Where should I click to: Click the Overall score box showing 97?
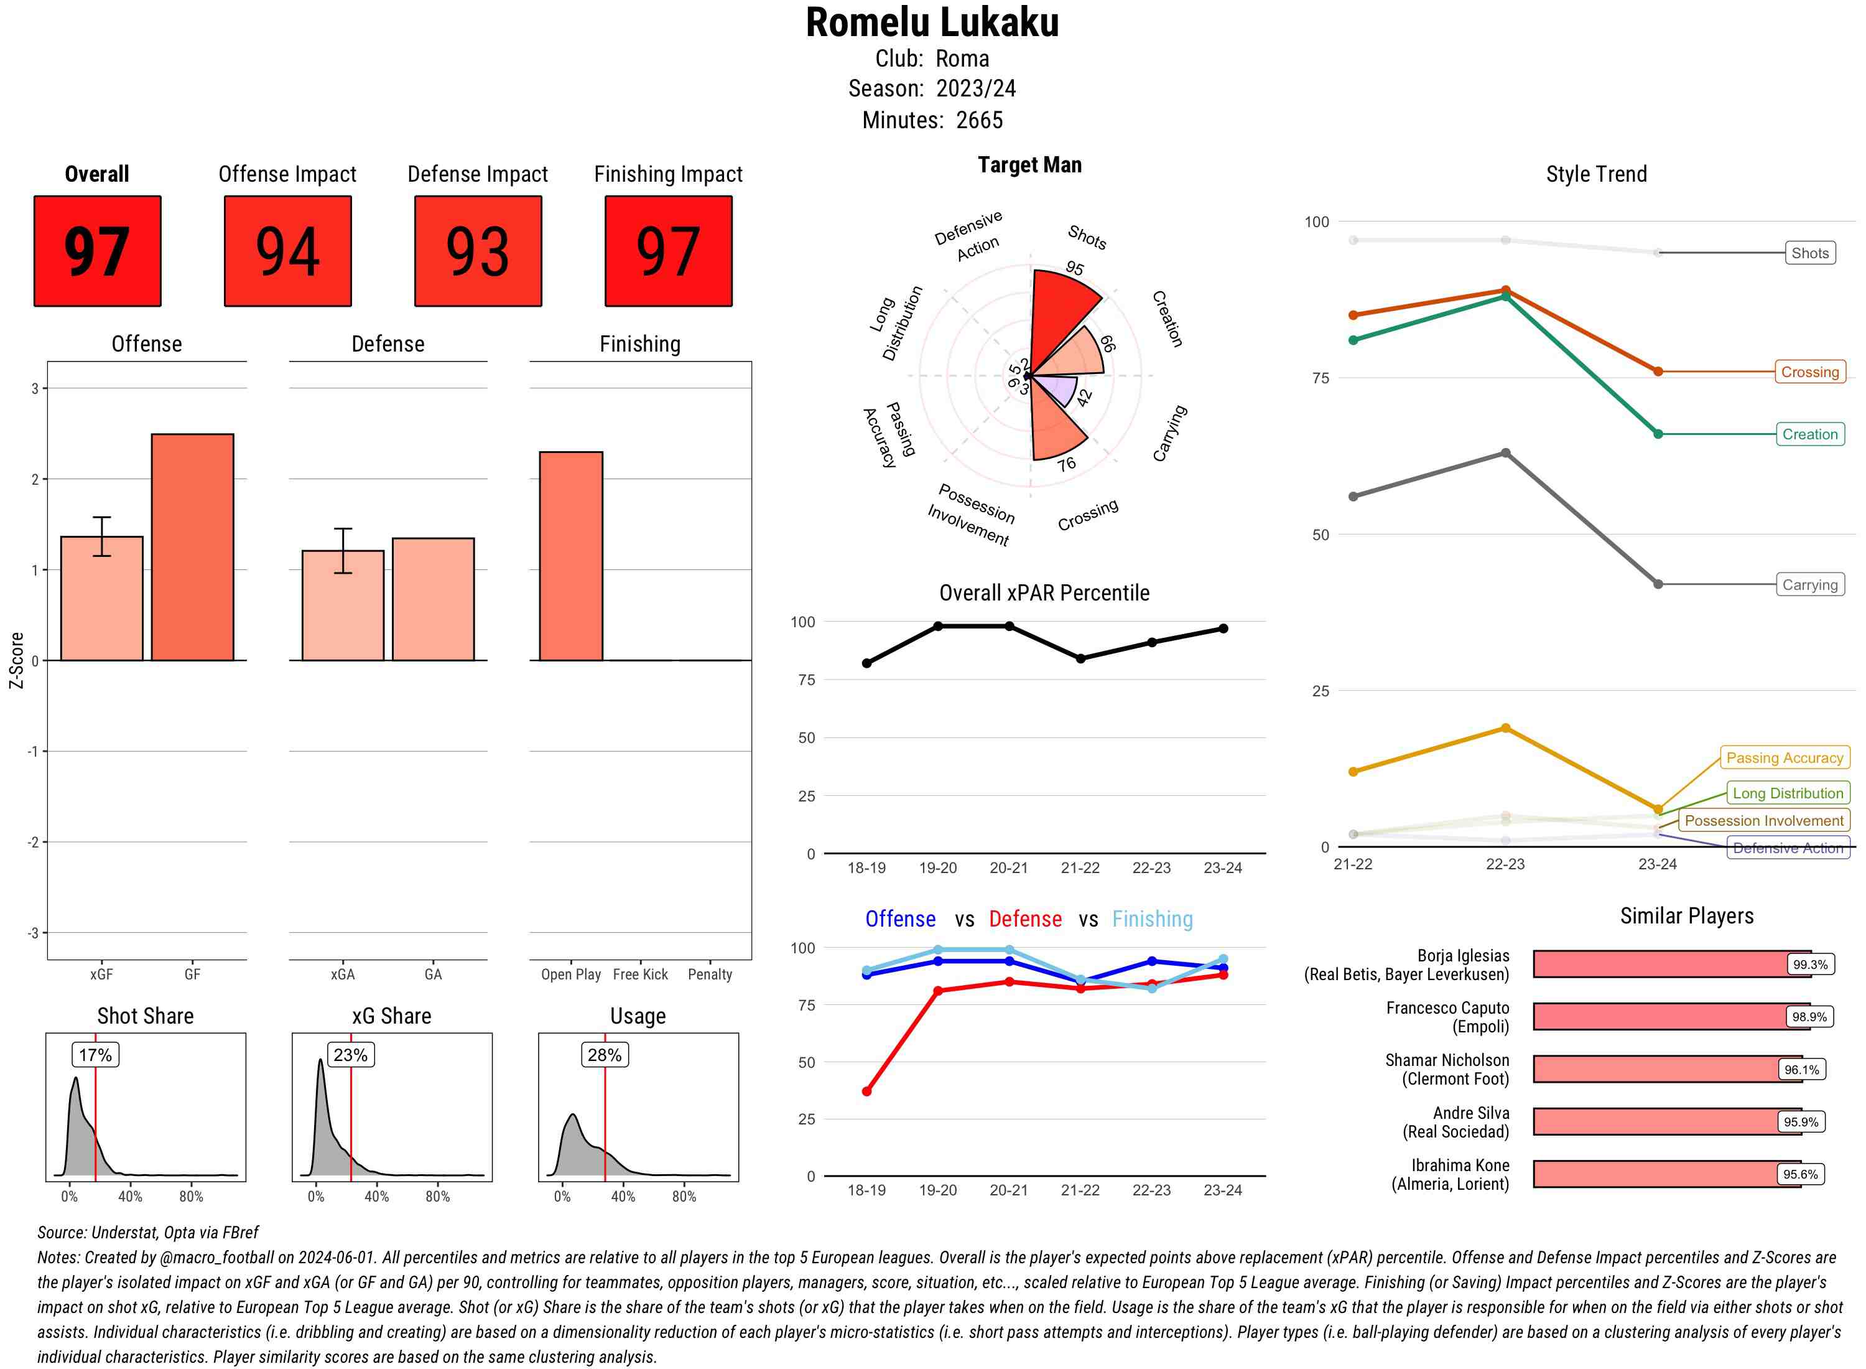point(97,251)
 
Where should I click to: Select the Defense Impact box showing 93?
point(478,251)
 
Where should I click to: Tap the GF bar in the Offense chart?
point(192,547)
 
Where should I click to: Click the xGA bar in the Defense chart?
point(343,605)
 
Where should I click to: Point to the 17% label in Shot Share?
point(95,1055)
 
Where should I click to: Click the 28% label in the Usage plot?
point(605,1055)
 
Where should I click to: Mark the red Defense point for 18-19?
point(866,1091)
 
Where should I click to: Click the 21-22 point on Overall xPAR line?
point(1080,659)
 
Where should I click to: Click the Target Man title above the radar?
point(1029,165)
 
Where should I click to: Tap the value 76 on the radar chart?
point(1066,464)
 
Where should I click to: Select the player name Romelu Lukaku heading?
point(932,22)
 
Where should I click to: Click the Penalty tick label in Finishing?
point(710,974)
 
